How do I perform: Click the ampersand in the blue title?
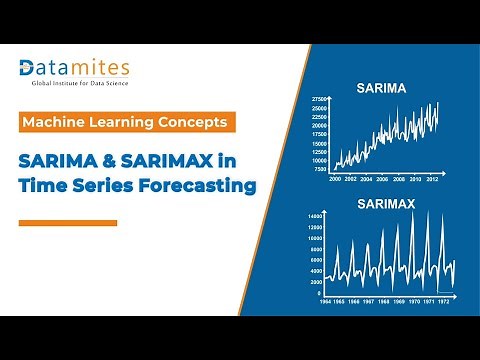(129, 158)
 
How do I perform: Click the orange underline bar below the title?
(69, 223)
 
